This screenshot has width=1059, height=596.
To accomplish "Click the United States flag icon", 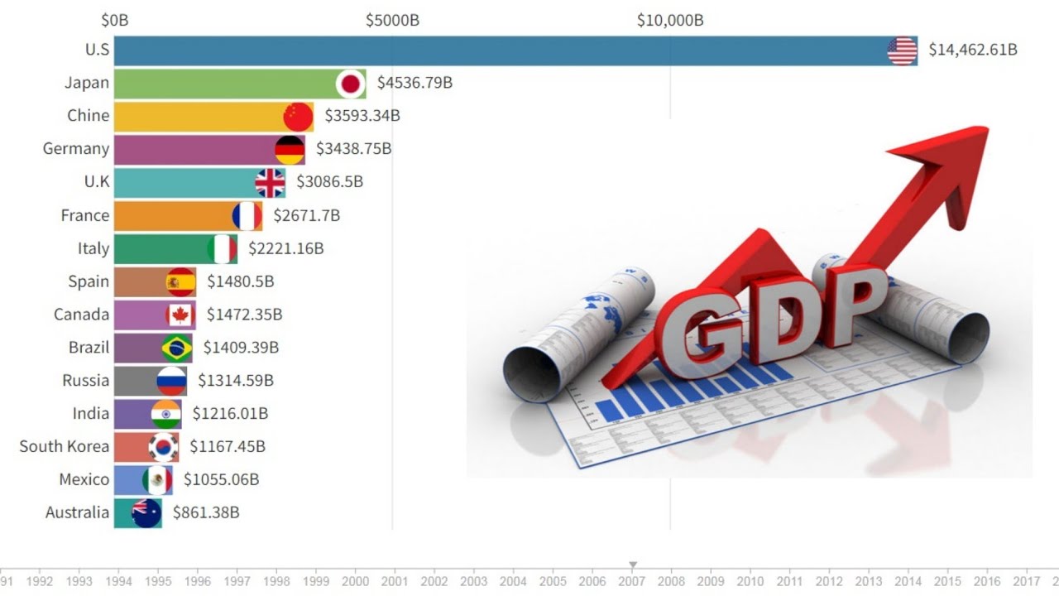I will (902, 50).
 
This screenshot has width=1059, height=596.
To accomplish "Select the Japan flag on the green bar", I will (351, 84).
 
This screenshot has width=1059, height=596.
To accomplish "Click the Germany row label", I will (76, 149).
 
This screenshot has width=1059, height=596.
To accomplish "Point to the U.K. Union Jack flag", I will (270, 183).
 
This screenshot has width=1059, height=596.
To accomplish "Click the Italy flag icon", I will (222, 248).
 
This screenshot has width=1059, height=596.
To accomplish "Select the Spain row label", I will (89, 281).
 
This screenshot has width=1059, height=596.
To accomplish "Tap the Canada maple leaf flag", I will (180, 315).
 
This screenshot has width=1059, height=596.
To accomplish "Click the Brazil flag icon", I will (176, 348).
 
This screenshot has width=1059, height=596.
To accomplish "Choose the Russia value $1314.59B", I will (236, 381).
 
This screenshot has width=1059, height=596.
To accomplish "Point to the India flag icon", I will (165, 414).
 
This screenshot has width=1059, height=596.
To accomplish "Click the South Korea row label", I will (65, 447).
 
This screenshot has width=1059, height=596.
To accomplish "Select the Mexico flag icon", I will (157, 480).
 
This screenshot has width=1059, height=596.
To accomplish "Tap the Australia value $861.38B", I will (206, 513).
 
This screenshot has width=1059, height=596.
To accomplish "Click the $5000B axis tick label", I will (392, 20).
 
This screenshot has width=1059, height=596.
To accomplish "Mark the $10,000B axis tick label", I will (670, 20).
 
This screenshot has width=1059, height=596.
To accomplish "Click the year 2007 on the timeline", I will (633, 582).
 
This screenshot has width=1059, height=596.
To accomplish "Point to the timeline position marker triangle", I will (633, 566).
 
